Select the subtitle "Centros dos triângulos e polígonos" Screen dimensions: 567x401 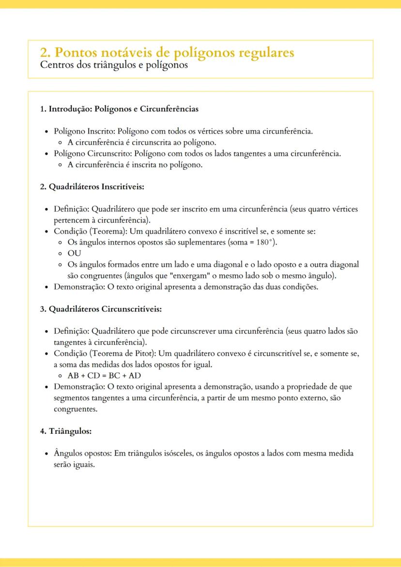click(114, 64)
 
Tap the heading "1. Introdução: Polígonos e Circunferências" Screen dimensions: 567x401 click(119, 109)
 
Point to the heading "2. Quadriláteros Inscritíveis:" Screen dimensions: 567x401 click(92, 186)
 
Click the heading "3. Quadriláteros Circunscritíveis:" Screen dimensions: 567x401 click(101, 309)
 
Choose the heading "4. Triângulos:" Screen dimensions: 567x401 click(66, 431)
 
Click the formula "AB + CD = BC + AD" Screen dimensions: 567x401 click(104, 375)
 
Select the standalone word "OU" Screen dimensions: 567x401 click(74, 253)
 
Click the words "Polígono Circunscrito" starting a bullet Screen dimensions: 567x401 click(92, 153)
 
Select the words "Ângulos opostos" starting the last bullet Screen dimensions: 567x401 click(82, 454)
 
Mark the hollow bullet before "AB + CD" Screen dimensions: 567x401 click(60, 376)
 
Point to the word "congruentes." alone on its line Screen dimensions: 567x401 click(76, 409)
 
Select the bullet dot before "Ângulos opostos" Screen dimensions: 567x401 click(46, 454)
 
